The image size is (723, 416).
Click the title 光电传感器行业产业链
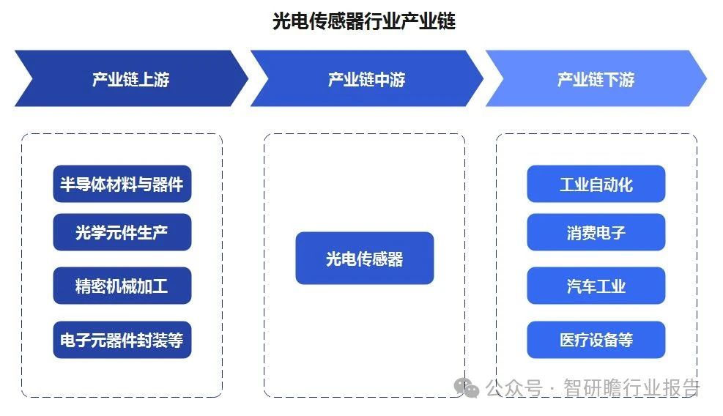(364, 21)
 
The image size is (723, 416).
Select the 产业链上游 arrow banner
(131, 78)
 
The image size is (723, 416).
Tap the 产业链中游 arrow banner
(366, 78)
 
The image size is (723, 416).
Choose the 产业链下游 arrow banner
(596, 78)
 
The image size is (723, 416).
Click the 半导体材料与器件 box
(122, 184)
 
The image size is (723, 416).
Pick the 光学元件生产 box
(122, 232)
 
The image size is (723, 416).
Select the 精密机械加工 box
(122, 286)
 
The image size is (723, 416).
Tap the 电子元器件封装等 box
(122, 340)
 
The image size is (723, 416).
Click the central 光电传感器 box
(365, 259)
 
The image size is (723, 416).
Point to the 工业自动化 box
(596, 184)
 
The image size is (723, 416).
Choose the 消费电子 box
(596, 232)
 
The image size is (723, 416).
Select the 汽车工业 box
(596, 286)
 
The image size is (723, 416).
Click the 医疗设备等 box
(596, 340)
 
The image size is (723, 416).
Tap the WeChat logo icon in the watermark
(467, 388)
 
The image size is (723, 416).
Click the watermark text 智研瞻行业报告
(631, 388)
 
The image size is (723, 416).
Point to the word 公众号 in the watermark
(513, 388)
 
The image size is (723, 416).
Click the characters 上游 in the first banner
(154, 79)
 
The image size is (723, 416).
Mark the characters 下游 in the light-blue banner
(619, 79)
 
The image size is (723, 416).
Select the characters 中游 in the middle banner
(390, 79)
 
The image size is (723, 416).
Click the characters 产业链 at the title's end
(428, 21)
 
